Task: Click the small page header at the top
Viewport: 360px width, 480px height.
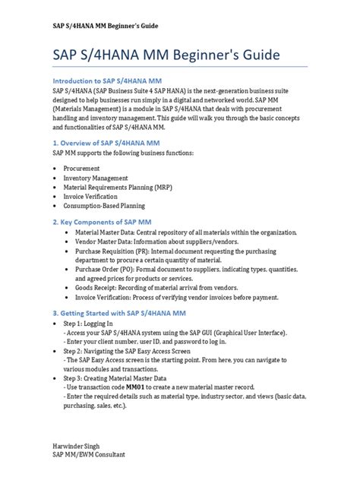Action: click(105, 25)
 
